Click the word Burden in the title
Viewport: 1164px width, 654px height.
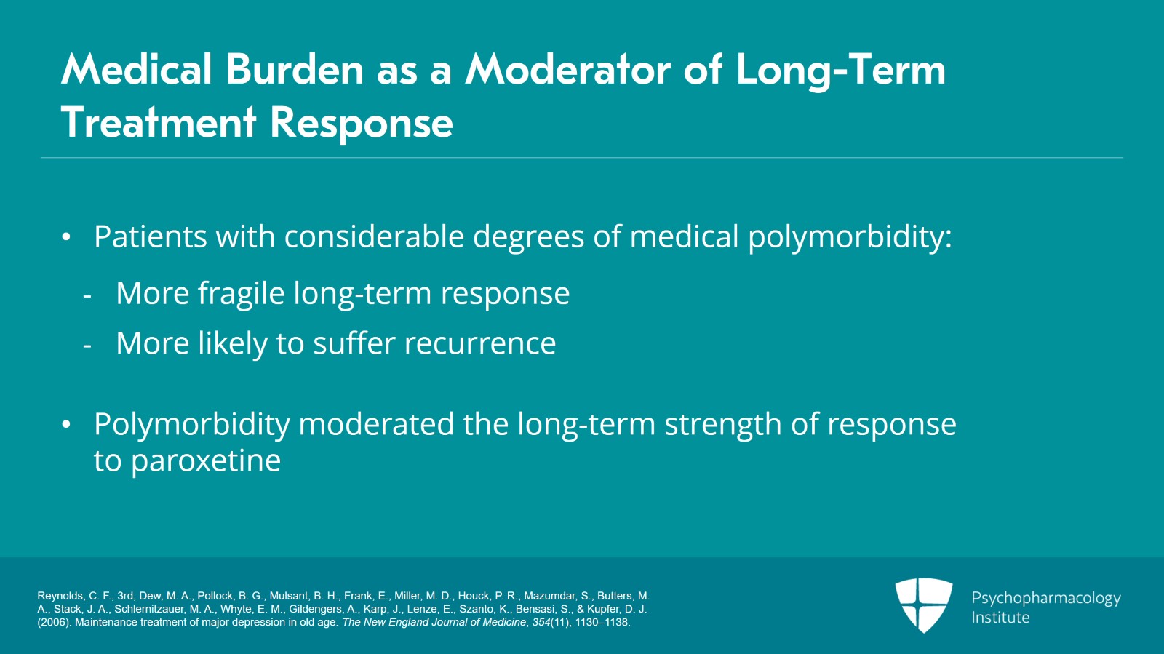(x=294, y=70)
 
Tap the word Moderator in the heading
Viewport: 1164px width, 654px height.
(x=568, y=70)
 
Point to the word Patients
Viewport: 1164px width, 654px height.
(x=150, y=236)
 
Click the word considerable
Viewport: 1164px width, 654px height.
(x=374, y=236)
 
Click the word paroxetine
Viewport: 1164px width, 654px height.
(x=206, y=461)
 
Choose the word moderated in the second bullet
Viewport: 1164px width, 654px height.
(x=376, y=424)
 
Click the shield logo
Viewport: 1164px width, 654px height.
(x=924, y=605)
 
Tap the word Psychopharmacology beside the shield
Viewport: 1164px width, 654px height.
(x=1046, y=599)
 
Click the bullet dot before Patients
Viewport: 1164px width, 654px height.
(x=66, y=237)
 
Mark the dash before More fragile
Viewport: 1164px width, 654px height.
(x=87, y=296)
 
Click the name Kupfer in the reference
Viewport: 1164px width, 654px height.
(x=602, y=610)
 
